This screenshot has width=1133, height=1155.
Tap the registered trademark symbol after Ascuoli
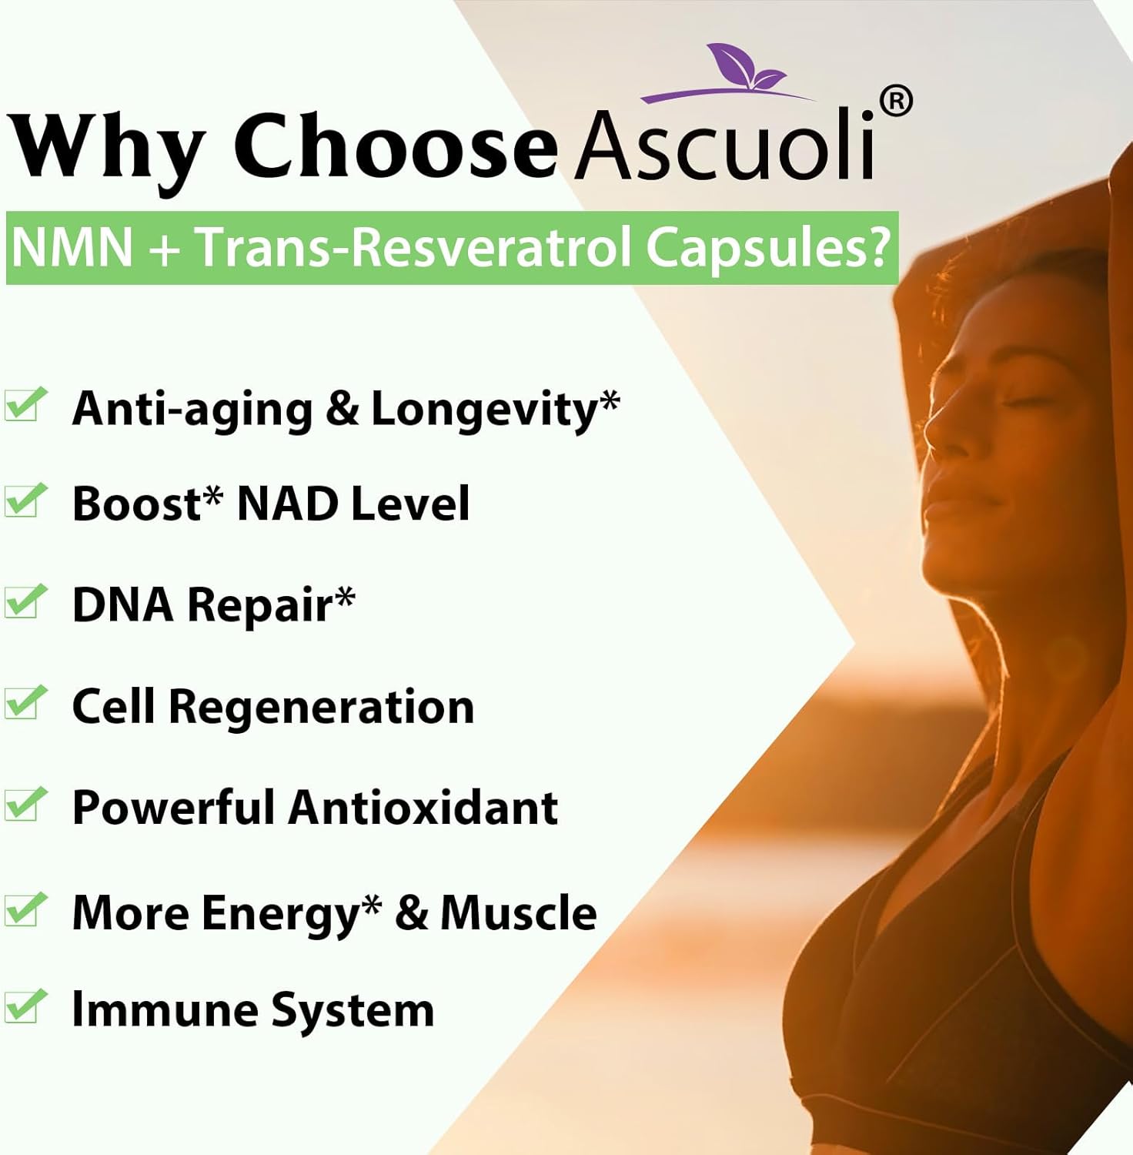(x=895, y=102)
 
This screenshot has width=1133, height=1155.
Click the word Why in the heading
(x=108, y=146)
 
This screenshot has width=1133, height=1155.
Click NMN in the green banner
(x=72, y=248)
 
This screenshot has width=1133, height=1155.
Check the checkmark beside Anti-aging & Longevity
(x=25, y=405)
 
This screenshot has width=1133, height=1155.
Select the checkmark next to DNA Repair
(x=25, y=601)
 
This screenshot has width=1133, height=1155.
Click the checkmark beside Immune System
(x=25, y=1006)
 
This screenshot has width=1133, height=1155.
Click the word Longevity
(x=485, y=409)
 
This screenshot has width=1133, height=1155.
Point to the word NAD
(x=288, y=504)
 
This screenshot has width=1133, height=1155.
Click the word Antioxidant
(x=423, y=808)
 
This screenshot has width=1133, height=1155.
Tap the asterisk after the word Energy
(x=373, y=906)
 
